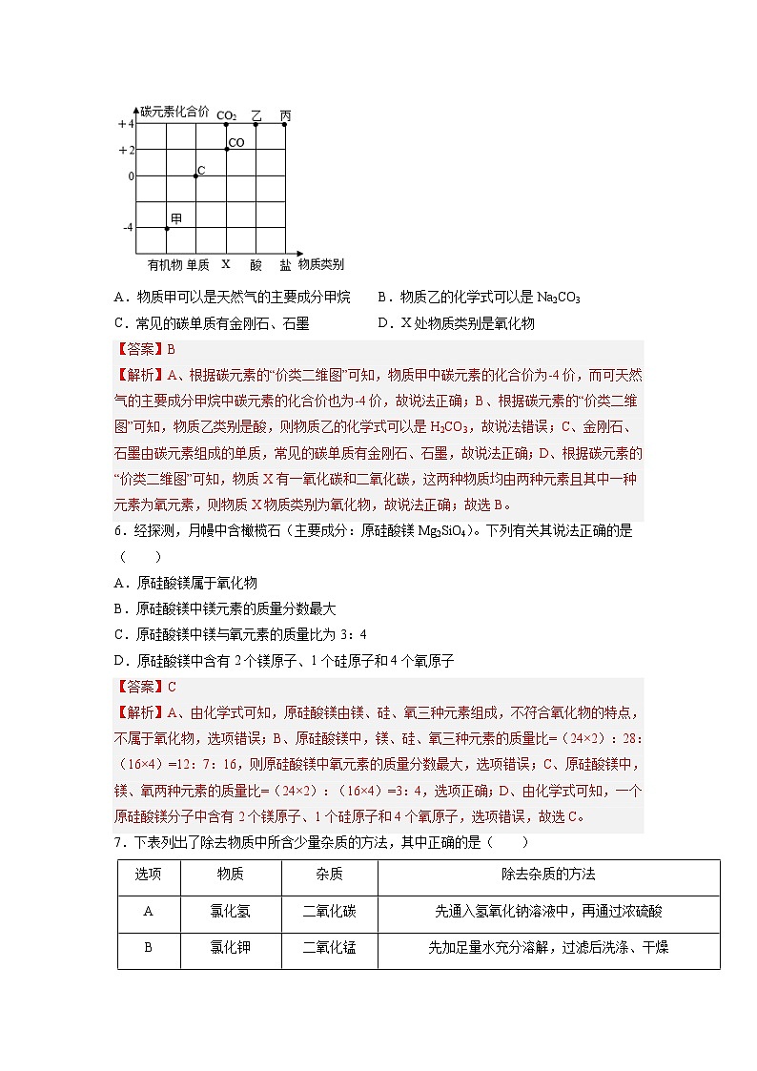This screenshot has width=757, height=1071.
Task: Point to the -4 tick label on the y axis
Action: tap(127, 228)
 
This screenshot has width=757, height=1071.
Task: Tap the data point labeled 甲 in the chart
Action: tap(167, 228)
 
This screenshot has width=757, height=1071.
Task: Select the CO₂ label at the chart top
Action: tap(226, 115)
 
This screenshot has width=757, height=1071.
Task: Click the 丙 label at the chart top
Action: tap(285, 115)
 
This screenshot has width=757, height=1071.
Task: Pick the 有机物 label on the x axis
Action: tap(164, 264)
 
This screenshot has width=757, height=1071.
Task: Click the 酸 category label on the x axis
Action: tap(256, 264)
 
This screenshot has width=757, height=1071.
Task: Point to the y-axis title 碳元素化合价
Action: tap(174, 112)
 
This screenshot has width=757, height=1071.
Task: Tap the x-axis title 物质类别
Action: tap(321, 263)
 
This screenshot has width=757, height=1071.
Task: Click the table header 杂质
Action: tap(329, 875)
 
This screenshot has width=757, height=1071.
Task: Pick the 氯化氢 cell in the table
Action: tap(230, 911)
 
